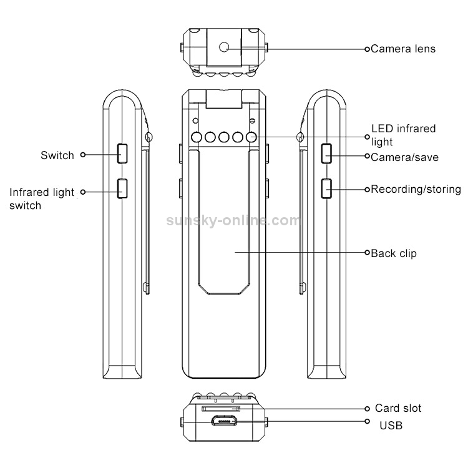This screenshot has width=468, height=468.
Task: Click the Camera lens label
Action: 403,49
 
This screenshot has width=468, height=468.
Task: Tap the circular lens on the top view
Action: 224,47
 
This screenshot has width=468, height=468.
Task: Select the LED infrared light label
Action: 404,135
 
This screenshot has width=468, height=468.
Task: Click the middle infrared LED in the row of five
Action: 224,137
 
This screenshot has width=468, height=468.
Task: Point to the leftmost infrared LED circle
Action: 197,137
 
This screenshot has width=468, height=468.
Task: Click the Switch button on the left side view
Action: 122,154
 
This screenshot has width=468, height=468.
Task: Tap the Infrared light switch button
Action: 122,188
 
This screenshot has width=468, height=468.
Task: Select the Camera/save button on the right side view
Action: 326,154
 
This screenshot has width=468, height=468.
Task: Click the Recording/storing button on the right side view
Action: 326,188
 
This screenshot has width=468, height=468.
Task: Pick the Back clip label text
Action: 393,253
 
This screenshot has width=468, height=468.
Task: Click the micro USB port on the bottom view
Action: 225,421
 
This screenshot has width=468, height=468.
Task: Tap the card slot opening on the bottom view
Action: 221,409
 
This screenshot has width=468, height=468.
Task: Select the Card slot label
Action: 398,408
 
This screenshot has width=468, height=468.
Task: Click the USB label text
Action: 391,426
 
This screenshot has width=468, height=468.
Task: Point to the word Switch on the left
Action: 57,155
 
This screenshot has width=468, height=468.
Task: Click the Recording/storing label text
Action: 416,189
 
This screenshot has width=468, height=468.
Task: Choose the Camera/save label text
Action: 405,157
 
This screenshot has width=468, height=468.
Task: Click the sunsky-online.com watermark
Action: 233,220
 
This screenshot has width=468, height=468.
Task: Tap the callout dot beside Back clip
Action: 367,253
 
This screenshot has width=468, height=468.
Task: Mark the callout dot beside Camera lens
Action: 367,49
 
